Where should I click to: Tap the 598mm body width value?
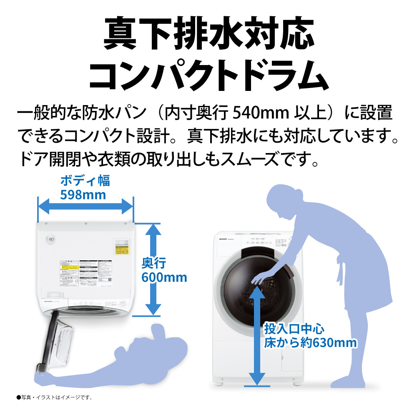tap(83, 195)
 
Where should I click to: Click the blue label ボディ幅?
tap(85, 181)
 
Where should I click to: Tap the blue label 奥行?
tap(154, 263)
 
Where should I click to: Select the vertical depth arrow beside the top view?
tap(153, 269)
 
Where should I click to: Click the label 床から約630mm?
tap(310, 343)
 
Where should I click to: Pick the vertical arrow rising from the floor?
tap(256, 334)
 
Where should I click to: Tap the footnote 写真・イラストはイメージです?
tap(54, 397)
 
